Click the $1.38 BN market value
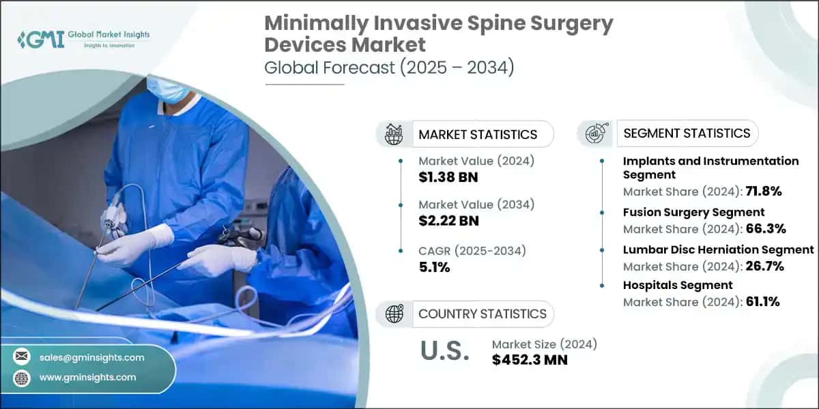[x=449, y=178]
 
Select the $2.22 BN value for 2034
[x=449, y=220]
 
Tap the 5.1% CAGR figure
[x=434, y=267]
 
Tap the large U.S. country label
[x=444, y=350]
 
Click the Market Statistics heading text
[x=478, y=134]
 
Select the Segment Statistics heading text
[x=686, y=133]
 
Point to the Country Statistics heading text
[x=482, y=314]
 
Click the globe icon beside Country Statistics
[x=394, y=314]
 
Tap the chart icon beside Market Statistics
[x=394, y=134]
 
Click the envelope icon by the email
[x=22, y=357]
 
